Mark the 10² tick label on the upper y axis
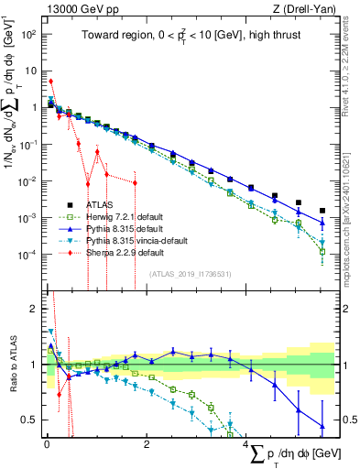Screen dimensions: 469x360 click(x=30, y=34)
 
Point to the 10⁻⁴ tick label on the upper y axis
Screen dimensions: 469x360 click(x=30, y=254)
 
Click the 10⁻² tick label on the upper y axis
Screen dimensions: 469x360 click(x=30, y=180)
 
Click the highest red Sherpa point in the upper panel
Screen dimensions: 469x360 click(x=50, y=81)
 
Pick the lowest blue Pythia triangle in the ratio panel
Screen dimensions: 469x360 click(x=322, y=426)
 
